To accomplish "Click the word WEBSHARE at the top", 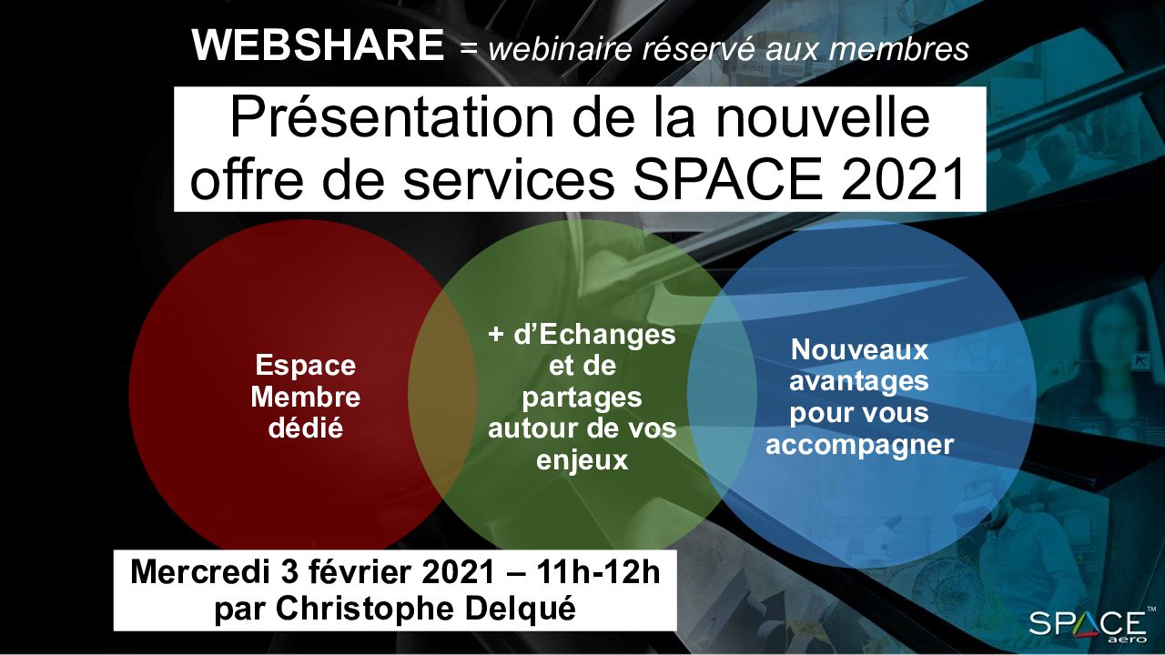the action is [x=318, y=45].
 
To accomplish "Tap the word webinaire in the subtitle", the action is [x=561, y=49].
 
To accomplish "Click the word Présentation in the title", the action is [x=391, y=119].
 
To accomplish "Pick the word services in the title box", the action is [x=508, y=180].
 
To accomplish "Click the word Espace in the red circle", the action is [x=305, y=366].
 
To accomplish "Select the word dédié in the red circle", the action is [x=305, y=428].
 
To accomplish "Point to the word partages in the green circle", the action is [x=582, y=398].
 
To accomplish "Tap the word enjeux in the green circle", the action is [x=582, y=460].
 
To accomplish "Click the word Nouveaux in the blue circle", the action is [x=859, y=350].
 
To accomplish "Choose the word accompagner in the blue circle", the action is [x=859, y=445].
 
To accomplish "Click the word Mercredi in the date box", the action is [x=202, y=573].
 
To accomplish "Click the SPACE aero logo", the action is [x=1089, y=625].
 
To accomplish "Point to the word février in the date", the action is [x=360, y=573].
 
